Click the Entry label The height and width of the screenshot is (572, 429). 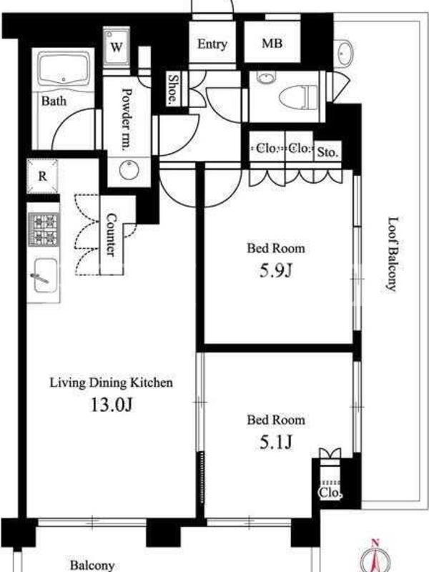212,44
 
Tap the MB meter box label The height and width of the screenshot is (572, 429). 272,44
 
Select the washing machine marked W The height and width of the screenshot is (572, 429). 117,46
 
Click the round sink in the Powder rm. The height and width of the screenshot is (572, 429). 129,170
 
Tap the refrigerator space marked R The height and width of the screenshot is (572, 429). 43,177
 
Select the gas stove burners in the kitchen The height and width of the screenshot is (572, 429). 44,230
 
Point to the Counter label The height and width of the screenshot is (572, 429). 111,235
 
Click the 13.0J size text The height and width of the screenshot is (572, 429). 112,405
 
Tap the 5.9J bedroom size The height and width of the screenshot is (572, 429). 276,270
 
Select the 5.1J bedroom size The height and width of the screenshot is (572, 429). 276,442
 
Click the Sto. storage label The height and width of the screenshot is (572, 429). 327,152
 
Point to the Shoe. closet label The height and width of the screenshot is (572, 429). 173,89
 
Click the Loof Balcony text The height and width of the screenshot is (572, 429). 393,255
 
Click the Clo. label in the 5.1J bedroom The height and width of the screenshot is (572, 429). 330,493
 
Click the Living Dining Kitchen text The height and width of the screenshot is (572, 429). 112,383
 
